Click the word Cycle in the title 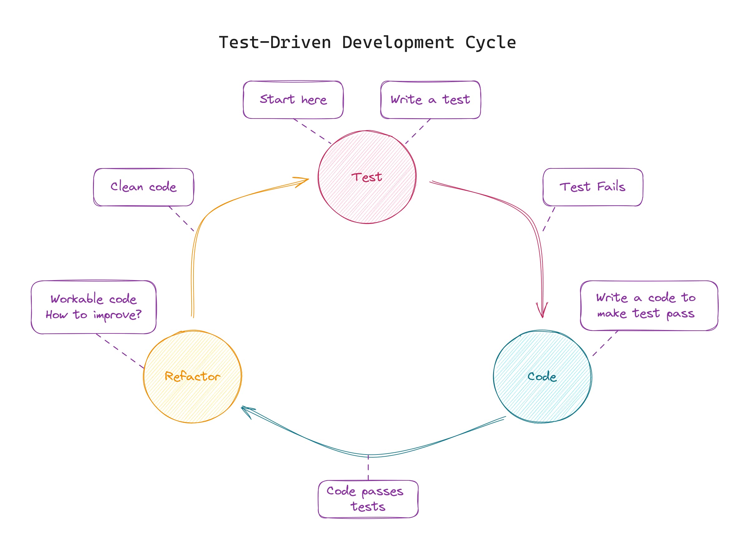click(490, 42)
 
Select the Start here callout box click(293, 100)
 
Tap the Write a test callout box click(430, 100)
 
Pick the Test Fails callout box click(592, 187)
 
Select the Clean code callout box click(143, 187)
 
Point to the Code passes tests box click(368, 499)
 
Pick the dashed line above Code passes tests click(368, 468)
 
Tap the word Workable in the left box click(76, 299)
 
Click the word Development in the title click(398, 42)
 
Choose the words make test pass click(645, 313)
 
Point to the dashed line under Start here click(312, 131)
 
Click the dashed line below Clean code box click(182, 219)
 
